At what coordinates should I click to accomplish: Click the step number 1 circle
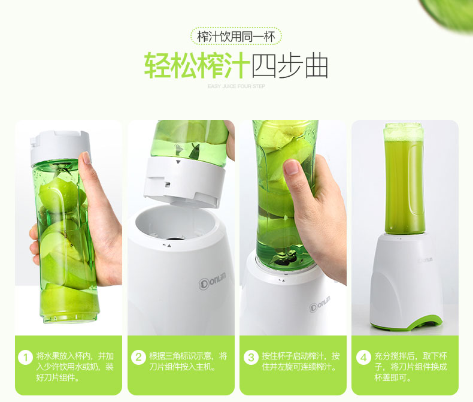tap(25, 357)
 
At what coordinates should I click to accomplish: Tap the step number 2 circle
tap(138, 357)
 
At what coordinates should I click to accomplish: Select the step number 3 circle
tap(251, 357)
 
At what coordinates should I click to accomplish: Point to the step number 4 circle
tap(364, 357)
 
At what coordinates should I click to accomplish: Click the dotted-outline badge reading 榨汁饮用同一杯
tap(236, 36)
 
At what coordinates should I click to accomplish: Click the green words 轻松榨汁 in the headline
tap(197, 65)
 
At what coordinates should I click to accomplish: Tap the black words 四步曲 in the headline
tap(290, 65)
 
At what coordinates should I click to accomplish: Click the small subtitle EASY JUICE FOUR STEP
tap(236, 86)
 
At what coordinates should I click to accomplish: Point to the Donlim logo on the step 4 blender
tap(426, 259)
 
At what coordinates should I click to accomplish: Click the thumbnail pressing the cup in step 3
tap(292, 167)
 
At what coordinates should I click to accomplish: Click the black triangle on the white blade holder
tap(178, 162)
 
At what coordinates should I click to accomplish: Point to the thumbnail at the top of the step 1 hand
tap(86, 158)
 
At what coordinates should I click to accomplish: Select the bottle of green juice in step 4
tap(404, 179)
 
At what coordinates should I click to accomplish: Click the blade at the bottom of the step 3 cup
tap(284, 258)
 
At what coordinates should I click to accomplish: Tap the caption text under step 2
tap(187, 361)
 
